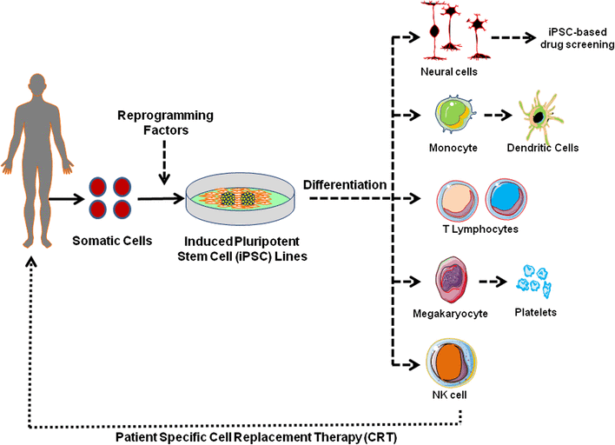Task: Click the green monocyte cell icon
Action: coord(453,116)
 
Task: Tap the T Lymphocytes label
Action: coord(481,229)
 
